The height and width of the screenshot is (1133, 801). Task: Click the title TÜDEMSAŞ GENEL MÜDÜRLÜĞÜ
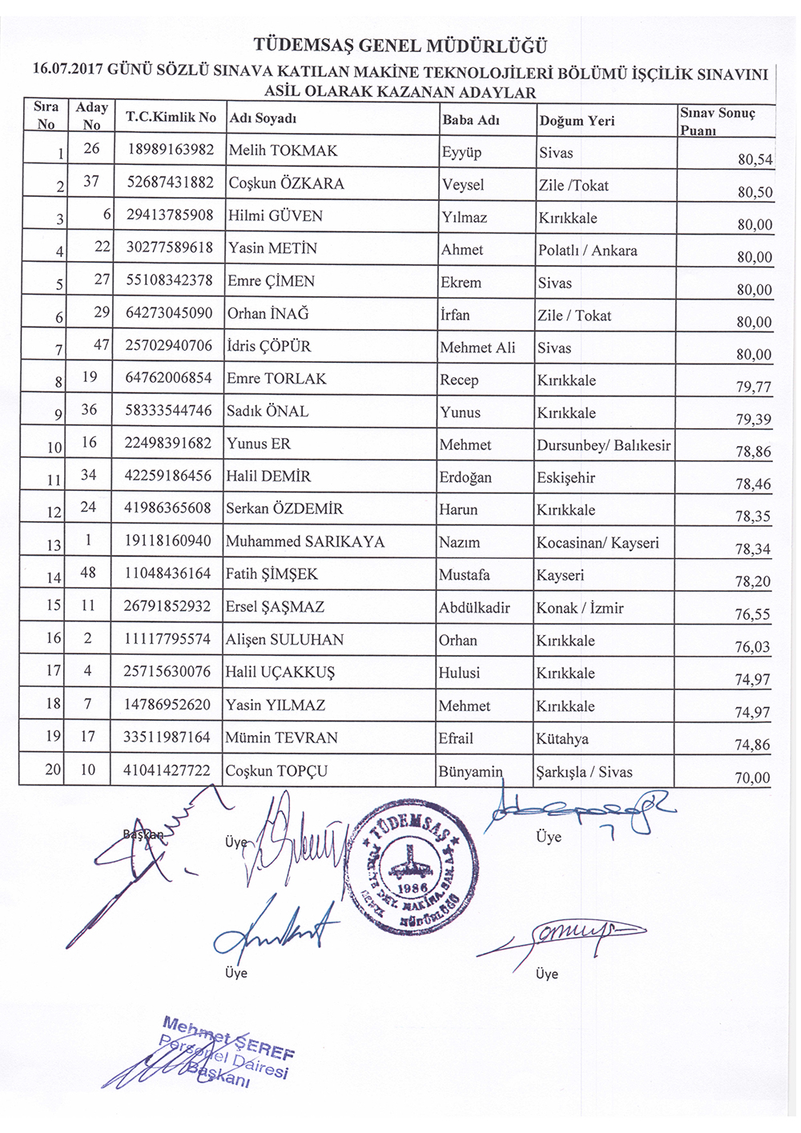point(400,46)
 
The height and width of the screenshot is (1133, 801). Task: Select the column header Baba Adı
point(470,120)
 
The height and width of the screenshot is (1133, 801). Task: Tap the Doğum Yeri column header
point(577,121)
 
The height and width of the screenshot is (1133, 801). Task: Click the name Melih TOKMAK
point(283,151)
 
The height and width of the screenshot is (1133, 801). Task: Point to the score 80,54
point(755,159)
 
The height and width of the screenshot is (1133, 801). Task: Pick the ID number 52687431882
point(170,183)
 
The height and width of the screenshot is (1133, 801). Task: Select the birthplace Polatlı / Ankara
point(588,251)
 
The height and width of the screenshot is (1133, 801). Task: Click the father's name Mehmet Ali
point(477,348)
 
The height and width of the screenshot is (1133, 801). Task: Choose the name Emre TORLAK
point(276,379)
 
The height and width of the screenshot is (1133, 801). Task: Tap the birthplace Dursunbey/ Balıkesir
point(603,445)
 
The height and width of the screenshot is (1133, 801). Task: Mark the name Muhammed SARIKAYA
point(304,542)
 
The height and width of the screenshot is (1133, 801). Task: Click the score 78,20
point(753,582)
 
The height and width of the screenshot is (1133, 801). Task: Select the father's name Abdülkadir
point(474,608)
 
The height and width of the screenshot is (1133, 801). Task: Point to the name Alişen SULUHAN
point(284,640)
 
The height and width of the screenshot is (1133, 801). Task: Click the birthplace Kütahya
point(562,739)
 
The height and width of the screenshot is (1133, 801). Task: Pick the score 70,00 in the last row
point(752,777)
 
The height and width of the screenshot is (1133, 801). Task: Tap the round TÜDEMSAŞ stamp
point(413,869)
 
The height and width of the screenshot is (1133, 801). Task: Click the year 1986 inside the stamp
point(412,890)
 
